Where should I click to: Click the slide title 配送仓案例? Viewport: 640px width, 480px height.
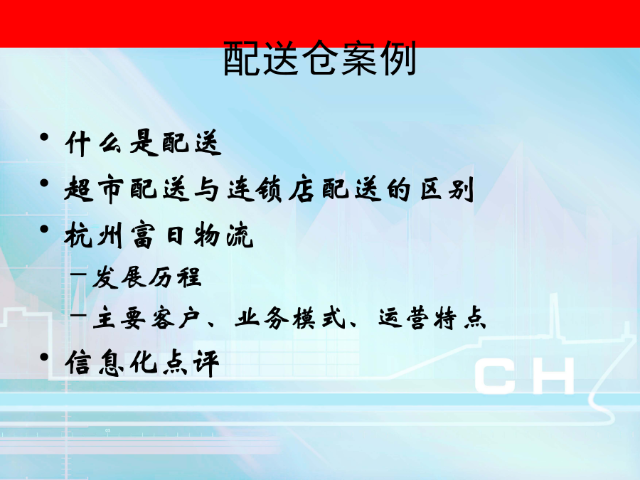(x=320, y=58)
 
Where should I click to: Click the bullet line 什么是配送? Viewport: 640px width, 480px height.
(x=143, y=143)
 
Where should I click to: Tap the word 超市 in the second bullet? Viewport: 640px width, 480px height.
(x=94, y=189)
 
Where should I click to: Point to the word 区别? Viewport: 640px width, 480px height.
(x=447, y=189)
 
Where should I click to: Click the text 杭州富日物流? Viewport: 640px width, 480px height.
(x=159, y=235)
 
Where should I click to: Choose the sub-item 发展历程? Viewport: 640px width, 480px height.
(x=147, y=277)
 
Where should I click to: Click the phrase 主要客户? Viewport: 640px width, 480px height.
(x=146, y=318)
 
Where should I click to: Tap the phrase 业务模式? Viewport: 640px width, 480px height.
(x=290, y=318)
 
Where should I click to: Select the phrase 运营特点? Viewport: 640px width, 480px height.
(x=432, y=318)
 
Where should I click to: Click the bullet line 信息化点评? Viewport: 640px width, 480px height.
(x=142, y=363)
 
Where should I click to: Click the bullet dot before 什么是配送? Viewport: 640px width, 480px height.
(x=45, y=137)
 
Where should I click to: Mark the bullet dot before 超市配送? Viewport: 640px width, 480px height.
(x=45, y=183)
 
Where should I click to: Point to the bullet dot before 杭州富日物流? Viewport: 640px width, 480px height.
(x=45, y=229)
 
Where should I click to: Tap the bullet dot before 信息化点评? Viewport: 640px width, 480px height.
(x=45, y=357)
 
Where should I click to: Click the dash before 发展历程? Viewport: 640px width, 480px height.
(x=78, y=274)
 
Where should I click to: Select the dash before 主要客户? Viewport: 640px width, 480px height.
(x=78, y=315)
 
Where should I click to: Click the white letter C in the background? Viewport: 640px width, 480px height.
(x=494, y=375)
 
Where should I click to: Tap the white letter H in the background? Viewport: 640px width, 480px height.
(x=553, y=375)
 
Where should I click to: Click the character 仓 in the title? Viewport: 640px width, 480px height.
(x=320, y=58)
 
